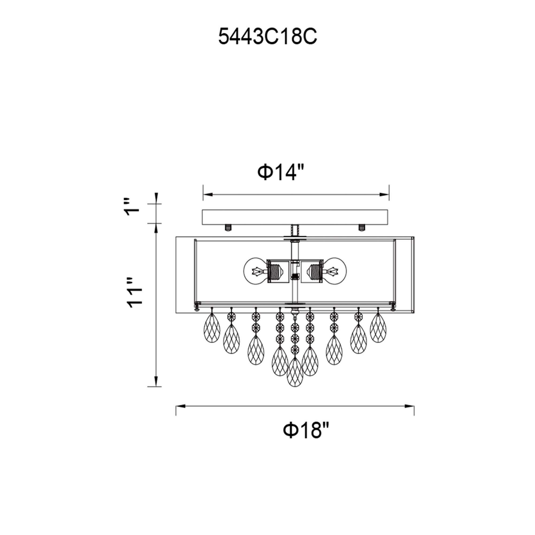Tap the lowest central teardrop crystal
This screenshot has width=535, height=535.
pos(295,372)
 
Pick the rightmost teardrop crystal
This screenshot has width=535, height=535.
pos(378,329)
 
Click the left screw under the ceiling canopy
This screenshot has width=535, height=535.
pos(228,228)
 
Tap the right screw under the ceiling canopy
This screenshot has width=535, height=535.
pos(362,228)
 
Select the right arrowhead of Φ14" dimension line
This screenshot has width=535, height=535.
pos(385,195)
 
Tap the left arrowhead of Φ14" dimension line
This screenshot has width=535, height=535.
pos(208,195)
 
